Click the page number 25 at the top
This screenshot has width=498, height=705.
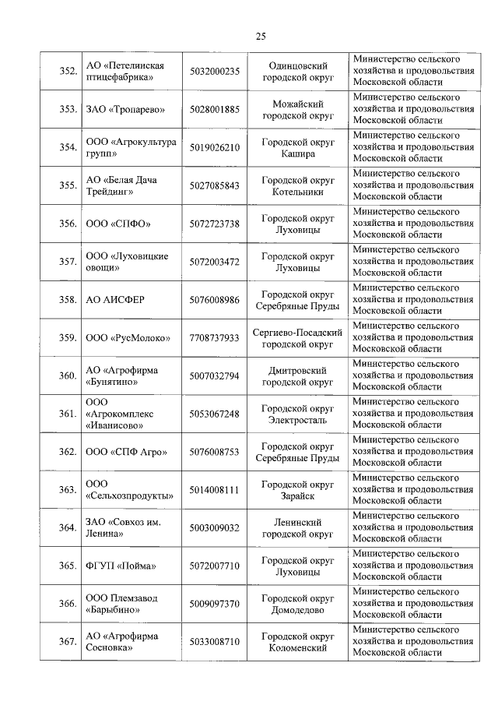click(260, 36)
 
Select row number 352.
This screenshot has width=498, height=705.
click(68, 72)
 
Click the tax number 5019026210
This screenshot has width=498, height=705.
click(214, 148)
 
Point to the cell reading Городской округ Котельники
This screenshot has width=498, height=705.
click(297, 186)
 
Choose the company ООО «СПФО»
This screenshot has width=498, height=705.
click(117, 224)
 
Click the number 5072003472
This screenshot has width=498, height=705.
click(214, 263)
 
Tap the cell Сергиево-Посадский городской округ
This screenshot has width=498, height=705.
click(297, 339)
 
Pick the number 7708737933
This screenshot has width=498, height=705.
click(214, 339)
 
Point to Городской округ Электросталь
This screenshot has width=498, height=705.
click(297, 415)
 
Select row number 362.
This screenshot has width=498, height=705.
click(68, 453)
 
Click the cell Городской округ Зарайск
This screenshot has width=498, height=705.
click(297, 490)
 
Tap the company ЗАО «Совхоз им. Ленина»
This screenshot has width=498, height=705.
click(123, 528)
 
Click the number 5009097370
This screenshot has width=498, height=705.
click(214, 605)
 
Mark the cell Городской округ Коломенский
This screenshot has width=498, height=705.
click(297, 643)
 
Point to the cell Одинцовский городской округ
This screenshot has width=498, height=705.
click(297, 72)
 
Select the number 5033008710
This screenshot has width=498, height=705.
click(214, 643)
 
